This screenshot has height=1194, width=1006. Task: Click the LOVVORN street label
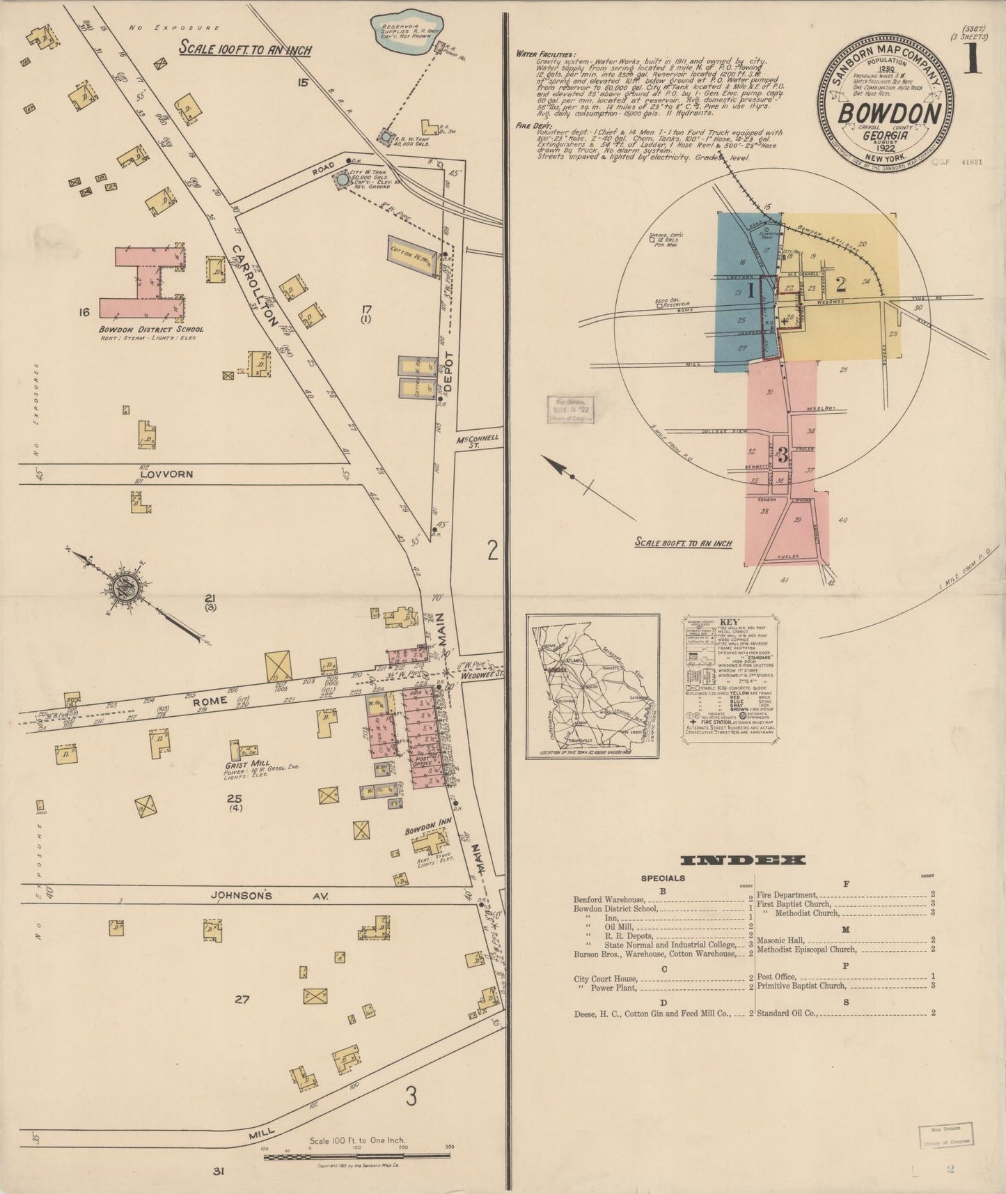click(166, 474)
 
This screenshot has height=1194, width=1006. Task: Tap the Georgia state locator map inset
click(592, 686)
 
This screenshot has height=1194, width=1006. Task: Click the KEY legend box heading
click(730, 621)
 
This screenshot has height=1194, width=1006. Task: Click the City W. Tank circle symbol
click(341, 180)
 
